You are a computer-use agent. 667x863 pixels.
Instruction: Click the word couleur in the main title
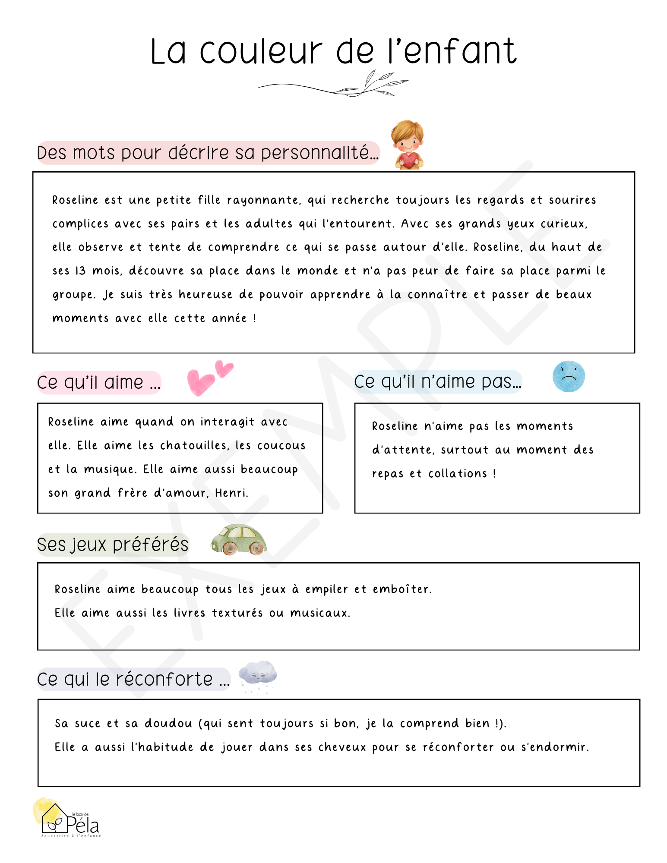(x=261, y=52)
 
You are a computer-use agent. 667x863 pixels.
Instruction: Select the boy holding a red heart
(x=408, y=145)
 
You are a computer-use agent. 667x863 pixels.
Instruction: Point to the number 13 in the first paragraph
(x=80, y=271)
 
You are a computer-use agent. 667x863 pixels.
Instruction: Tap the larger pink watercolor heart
(x=200, y=381)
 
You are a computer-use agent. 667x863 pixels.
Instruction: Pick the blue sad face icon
(x=569, y=376)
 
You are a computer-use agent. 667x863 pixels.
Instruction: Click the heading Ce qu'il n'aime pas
(x=437, y=382)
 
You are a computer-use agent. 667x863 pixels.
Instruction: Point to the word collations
(x=458, y=474)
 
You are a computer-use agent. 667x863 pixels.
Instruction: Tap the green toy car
(x=238, y=539)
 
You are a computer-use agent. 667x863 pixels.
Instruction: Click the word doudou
(x=168, y=724)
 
